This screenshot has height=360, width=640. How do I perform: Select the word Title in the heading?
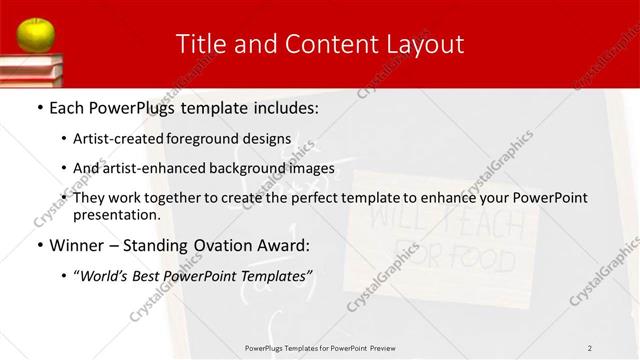tap(198, 44)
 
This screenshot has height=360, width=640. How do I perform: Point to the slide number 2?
tap(590, 347)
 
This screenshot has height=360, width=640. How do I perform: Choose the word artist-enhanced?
tap(155, 168)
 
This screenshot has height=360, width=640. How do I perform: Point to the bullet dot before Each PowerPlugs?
tap(39, 107)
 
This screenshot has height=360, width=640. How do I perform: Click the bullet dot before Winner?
tap(39, 245)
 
